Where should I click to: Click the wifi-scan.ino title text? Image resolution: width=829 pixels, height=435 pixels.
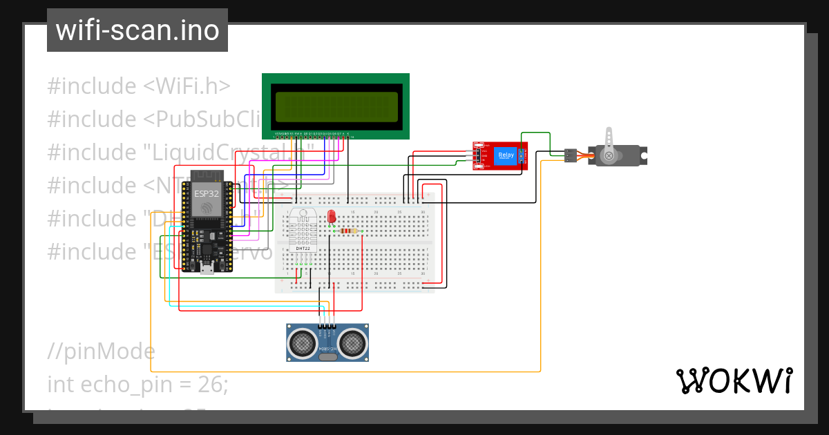pos(137,30)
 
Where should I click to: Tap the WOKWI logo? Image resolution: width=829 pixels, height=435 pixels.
pos(734,380)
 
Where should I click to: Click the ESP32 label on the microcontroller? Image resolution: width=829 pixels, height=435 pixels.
pos(206,193)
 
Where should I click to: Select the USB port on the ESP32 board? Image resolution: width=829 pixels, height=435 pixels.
pos(207,269)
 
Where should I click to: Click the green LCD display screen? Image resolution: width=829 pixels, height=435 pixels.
pos(335,106)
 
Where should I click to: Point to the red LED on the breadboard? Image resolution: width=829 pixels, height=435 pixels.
pos(332,216)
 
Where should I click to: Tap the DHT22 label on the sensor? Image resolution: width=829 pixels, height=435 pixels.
pos(303,248)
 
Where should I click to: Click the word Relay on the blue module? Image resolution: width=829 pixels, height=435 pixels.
pos(506,155)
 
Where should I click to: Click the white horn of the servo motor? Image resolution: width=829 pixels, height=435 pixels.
pos(609,145)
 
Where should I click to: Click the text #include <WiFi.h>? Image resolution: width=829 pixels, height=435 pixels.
pos(138,86)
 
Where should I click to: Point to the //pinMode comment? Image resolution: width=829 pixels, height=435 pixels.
pos(101,351)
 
